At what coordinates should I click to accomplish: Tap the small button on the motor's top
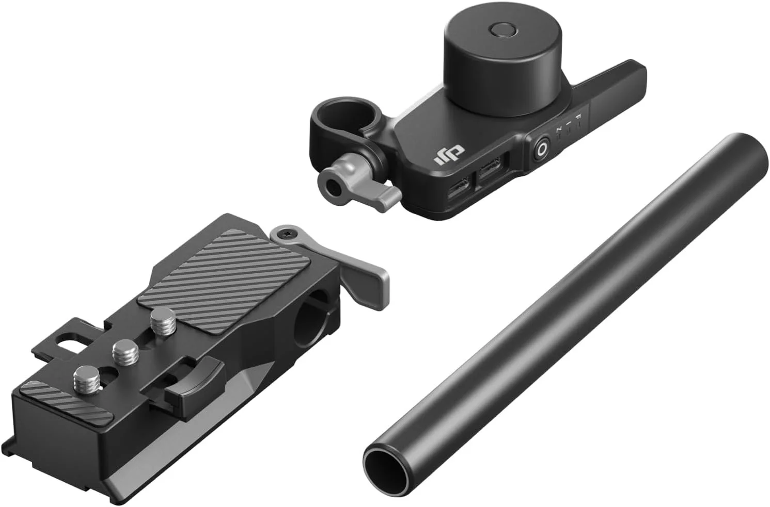pyautogui.click(x=501, y=30)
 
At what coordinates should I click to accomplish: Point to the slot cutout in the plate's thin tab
pyautogui.click(x=71, y=339)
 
